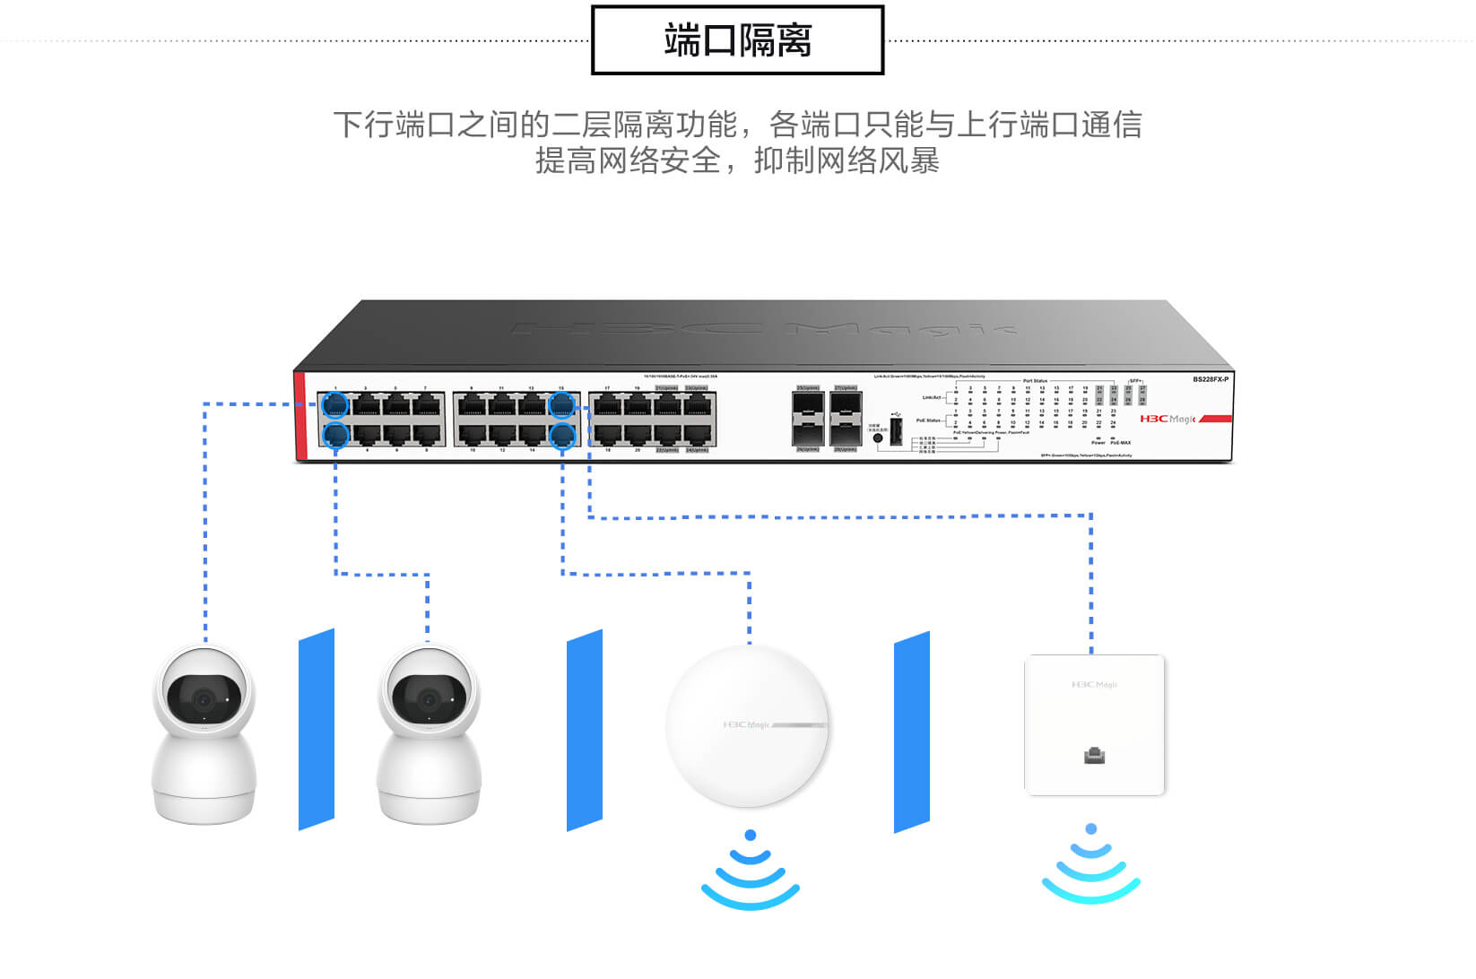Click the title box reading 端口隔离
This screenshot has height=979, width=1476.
pos(737,40)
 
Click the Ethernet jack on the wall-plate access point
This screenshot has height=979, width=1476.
pos(1094,755)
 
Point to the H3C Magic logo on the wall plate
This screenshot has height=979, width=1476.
pos(1094,685)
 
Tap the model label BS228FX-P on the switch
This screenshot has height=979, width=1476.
pos(1210,380)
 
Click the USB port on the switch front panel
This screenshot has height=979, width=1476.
pos(895,429)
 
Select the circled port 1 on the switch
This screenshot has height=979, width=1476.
pos(335,405)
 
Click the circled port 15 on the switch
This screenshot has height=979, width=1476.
pos(561,405)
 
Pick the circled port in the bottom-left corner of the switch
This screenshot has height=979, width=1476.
pos(335,436)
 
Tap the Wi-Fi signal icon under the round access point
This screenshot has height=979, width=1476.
pos(751,871)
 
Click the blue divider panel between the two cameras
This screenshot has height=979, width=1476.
pos(317,730)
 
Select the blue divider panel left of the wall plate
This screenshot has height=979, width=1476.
pos(912,732)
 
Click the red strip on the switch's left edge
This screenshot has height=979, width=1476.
pos(300,416)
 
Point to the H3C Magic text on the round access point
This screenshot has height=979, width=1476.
pos(747,724)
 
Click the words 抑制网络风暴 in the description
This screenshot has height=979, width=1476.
pos(847,161)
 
